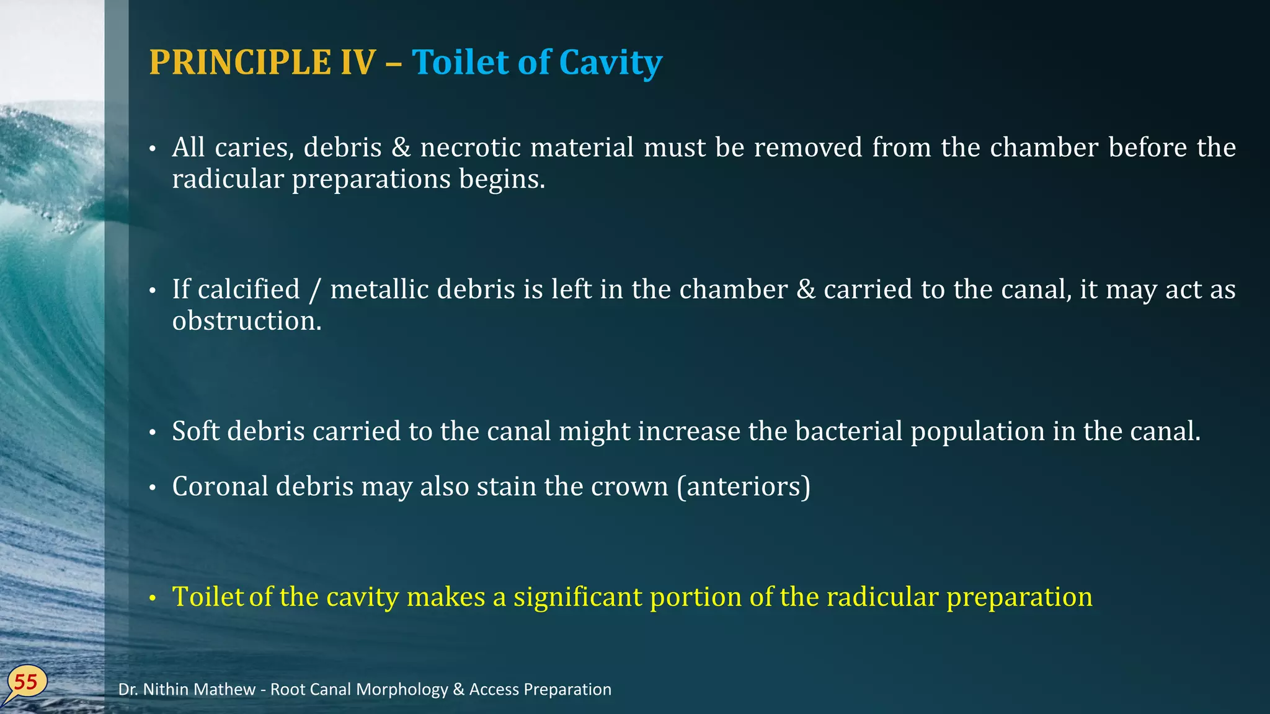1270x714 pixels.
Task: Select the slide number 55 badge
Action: click(x=26, y=682)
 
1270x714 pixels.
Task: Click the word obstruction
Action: click(x=246, y=321)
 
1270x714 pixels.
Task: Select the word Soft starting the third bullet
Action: click(x=195, y=431)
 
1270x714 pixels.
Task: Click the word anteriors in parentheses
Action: click(x=744, y=487)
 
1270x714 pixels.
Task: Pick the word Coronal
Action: click(x=220, y=487)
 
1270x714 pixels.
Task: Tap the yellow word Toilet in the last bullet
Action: click(x=208, y=597)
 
